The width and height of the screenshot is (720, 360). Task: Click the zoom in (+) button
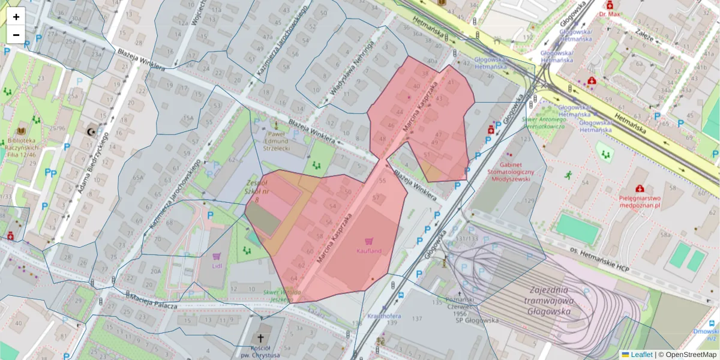point(16,17)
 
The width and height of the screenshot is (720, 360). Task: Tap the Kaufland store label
point(368,251)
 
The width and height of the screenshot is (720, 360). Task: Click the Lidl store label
point(217,265)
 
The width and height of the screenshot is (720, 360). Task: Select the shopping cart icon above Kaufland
point(369,241)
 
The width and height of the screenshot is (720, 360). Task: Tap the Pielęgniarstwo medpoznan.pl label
point(640,200)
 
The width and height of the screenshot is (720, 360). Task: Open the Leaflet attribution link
point(641,355)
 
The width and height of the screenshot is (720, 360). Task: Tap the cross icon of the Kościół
point(261,338)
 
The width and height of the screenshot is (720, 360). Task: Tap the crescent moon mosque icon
point(91,131)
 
